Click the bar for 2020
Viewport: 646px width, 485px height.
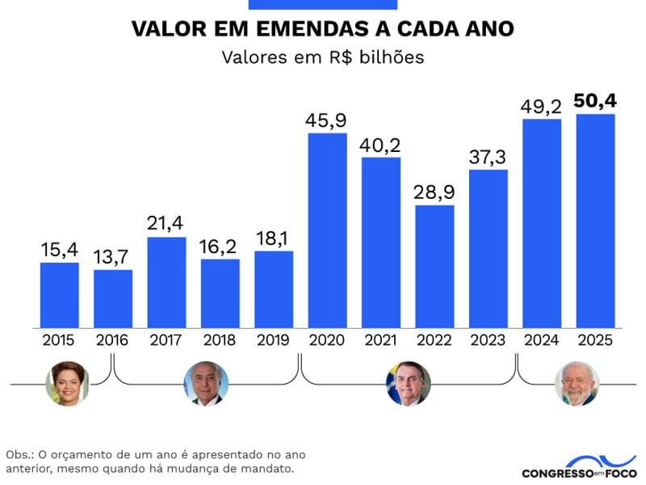coord(327,230)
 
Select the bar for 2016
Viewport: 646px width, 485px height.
coord(113,298)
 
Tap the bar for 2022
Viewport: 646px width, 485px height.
coord(434,266)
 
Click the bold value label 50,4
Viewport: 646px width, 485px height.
coord(594,101)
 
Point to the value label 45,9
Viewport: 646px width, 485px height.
coord(326,120)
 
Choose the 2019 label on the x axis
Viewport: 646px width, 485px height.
coord(273,340)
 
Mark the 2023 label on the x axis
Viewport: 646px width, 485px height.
coord(488,340)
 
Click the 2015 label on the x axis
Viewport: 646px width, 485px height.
coord(59,340)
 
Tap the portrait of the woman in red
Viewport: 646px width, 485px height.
coord(68,383)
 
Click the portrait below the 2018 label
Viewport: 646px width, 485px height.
coord(206,383)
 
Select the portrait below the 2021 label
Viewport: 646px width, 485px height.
coord(408,383)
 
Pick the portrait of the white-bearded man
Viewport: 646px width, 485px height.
coord(577,383)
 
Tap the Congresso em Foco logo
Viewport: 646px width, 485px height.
coord(579,466)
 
